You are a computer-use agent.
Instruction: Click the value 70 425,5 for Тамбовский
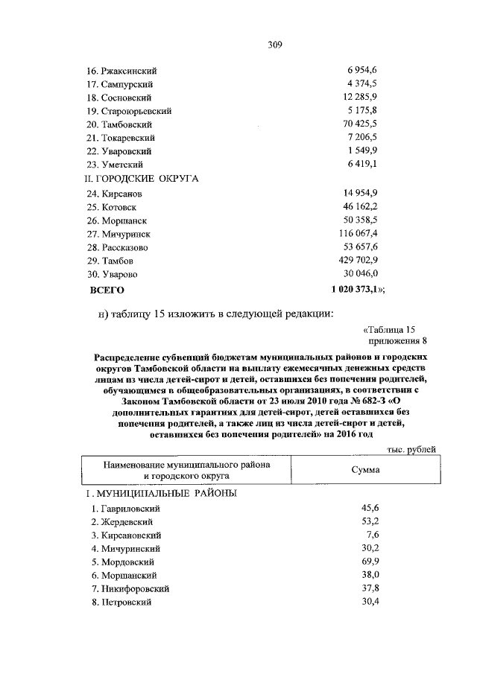click(361, 124)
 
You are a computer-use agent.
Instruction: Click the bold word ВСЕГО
click(107, 289)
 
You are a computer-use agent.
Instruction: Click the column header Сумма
click(365, 470)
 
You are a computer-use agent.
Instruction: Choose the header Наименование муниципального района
click(186, 464)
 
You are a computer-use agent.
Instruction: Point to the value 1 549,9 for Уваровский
click(363, 151)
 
